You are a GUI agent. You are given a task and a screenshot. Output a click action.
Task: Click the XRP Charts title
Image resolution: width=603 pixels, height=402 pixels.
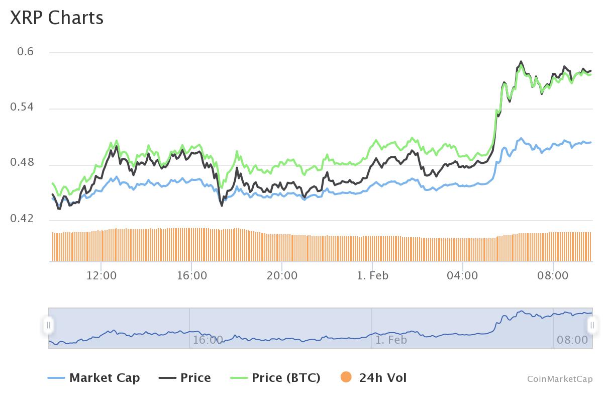coord(57,18)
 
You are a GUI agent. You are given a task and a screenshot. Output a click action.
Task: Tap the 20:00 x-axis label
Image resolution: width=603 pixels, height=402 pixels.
coord(282,275)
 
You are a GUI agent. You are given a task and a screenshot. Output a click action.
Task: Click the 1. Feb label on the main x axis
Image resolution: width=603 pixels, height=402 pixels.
coord(372,275)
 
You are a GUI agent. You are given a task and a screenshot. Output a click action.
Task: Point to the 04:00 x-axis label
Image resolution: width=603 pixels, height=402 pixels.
coord(463,275)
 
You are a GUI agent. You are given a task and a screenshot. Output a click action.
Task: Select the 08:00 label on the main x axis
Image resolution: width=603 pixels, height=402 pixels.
coord(553,275)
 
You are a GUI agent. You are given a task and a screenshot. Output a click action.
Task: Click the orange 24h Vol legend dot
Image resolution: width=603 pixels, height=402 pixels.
coord(346,377)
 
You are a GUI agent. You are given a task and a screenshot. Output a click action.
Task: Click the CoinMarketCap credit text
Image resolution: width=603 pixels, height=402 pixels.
coord(560,379)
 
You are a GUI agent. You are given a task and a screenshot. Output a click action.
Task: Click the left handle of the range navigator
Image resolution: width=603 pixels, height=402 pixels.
coord(49,325)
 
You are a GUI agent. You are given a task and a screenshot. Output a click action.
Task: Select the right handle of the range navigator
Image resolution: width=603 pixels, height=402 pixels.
coord(592,325)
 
